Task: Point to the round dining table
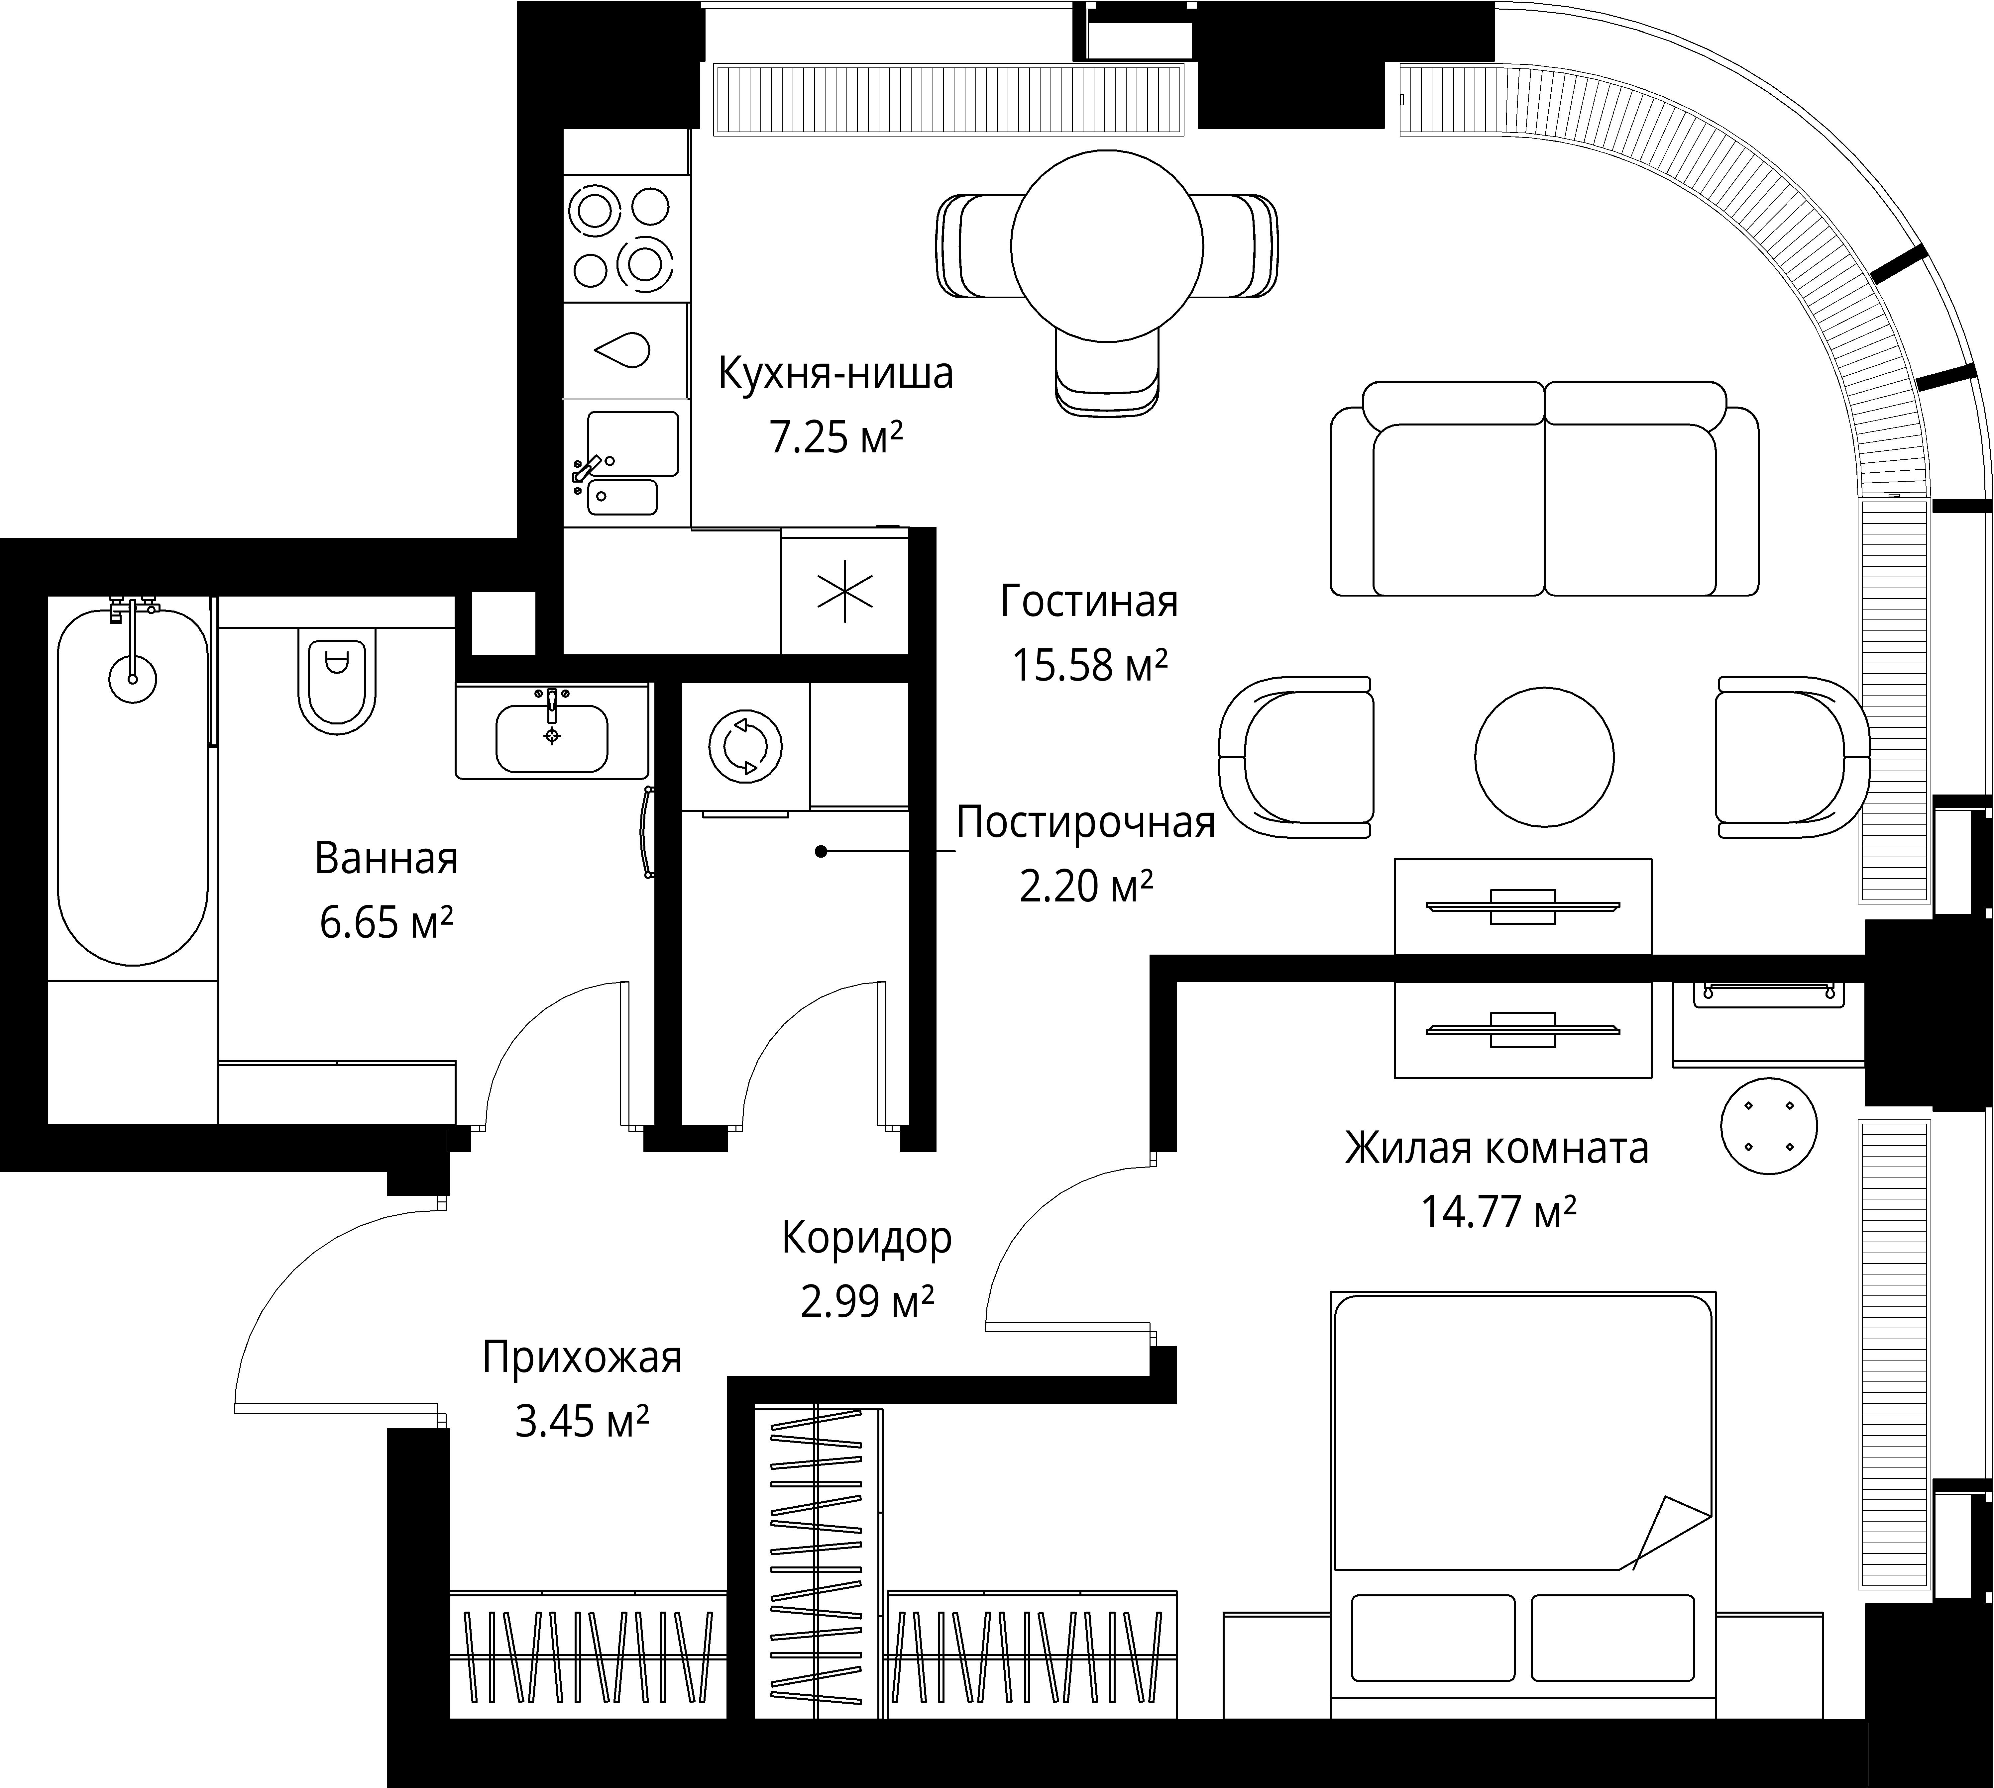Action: point(1107,245)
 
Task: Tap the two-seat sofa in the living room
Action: point(1545,488)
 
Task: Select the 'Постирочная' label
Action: point(1086,822)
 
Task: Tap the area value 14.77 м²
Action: point(1499,1211)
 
